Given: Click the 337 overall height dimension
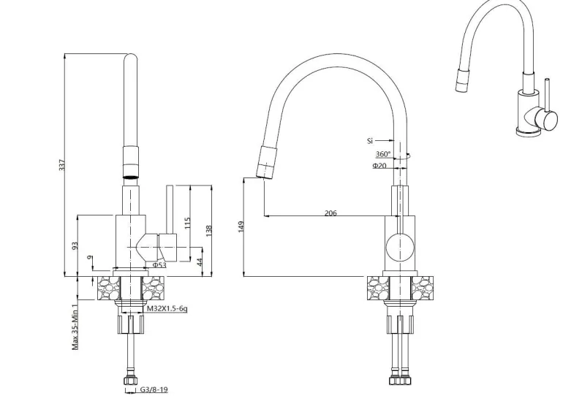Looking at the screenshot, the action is click(x=62, y=164).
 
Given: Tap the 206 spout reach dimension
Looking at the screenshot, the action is click(x=330, y=213).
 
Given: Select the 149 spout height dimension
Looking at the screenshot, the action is click(x=241, y=226).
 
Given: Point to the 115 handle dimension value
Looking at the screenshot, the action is click(x=186, y=224).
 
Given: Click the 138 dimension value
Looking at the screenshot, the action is click(x=209, y=231).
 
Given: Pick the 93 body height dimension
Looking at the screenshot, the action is click(x=75, y=245).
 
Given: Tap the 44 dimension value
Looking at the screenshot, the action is click(x=200, y=261).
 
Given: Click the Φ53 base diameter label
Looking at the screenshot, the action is click(x=159, y=265).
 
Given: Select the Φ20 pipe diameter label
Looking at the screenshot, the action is click(x=379, y=166).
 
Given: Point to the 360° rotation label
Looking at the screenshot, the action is click(x=382, y=154).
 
